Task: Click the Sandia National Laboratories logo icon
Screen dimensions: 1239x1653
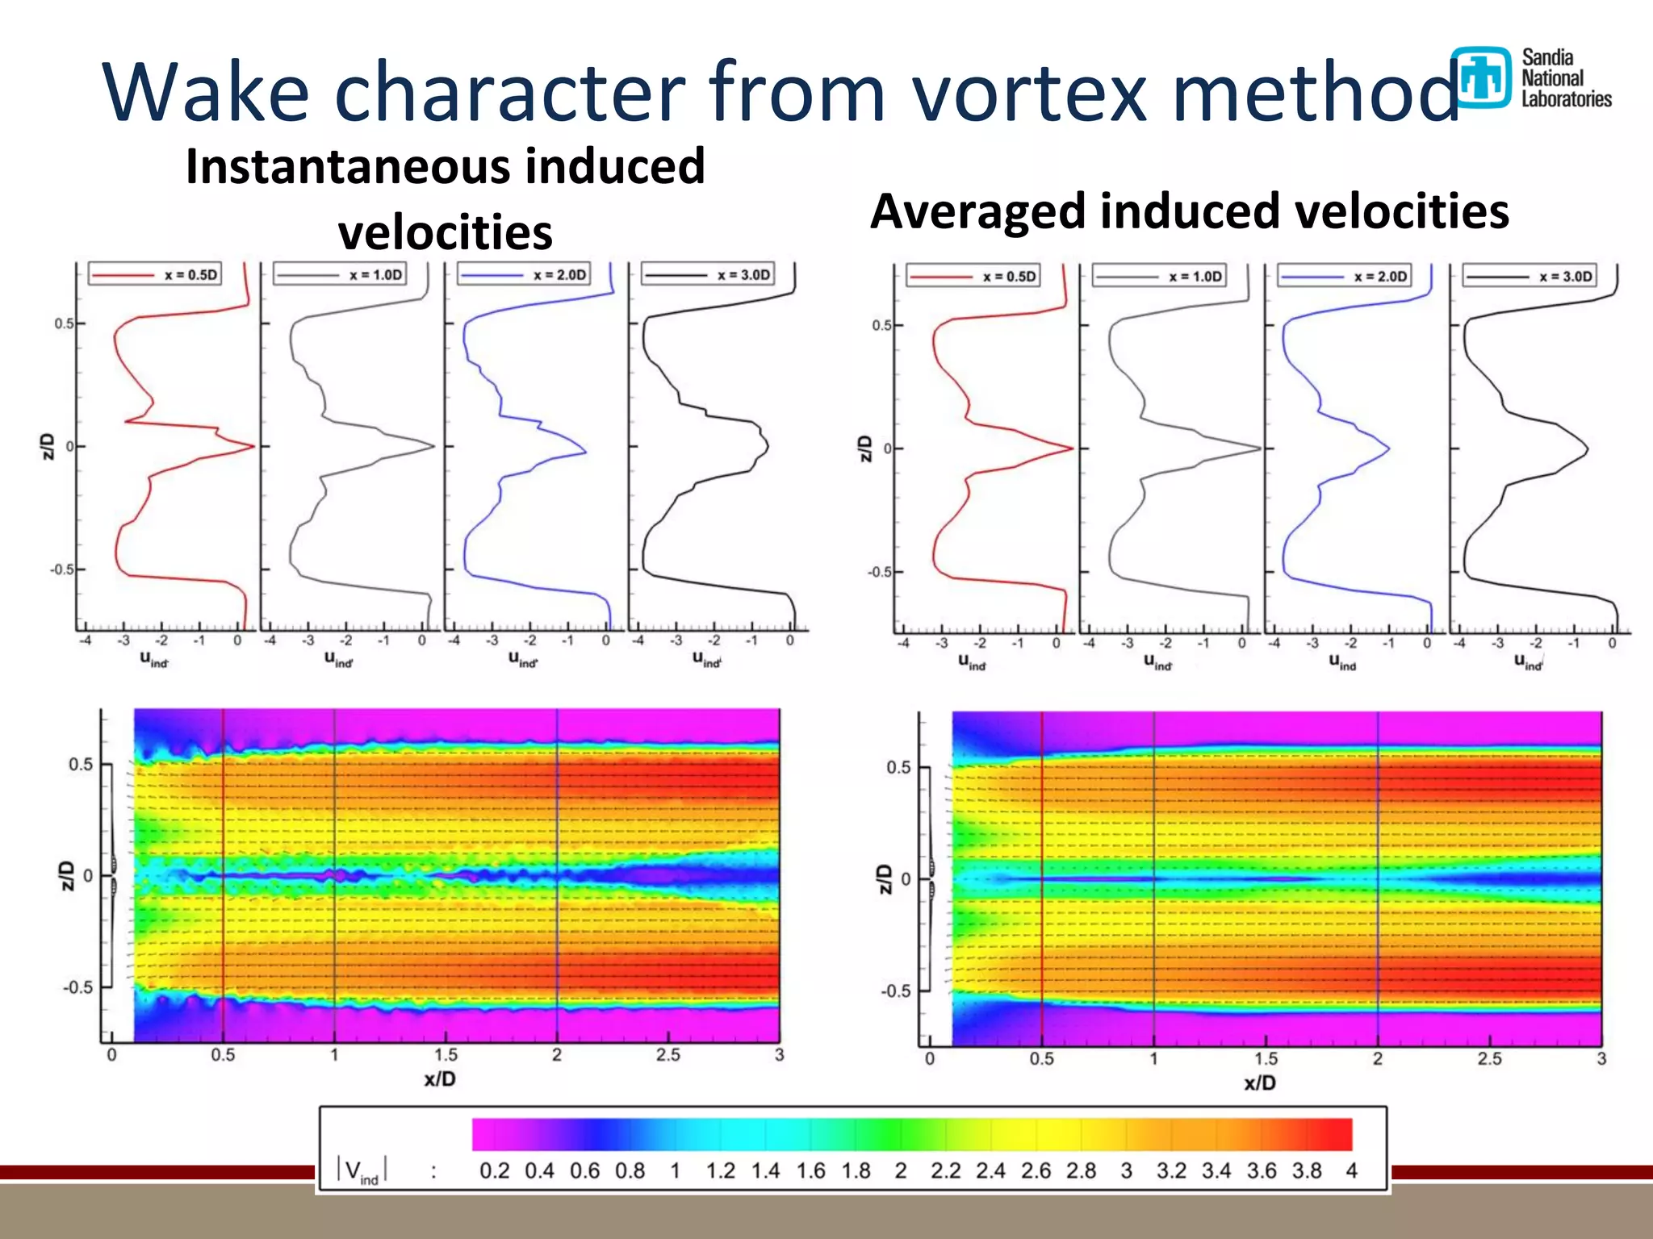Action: tap(1479, 77)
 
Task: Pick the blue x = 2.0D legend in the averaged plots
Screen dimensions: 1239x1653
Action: tap(1345, 277)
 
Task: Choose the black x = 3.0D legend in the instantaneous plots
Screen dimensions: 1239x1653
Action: tap(708, 275)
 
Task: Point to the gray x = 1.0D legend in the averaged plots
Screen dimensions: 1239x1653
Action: tap(1159, 277)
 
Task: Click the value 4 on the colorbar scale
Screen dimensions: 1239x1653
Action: tap(1351, 1170)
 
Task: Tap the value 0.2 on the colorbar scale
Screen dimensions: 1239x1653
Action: tap(494, 1170)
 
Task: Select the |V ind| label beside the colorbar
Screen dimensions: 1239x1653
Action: tap(362, 1170)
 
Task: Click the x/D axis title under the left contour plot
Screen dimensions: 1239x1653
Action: tap(440, 1079)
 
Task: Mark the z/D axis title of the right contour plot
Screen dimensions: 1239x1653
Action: tap(885, 878)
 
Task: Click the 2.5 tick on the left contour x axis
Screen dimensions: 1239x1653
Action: tap(667, 1054)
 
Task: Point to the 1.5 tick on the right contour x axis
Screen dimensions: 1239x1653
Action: tap(1266, 1058)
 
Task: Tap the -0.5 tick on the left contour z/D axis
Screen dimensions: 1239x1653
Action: tap(78, 987)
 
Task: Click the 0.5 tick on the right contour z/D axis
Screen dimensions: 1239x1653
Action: tap(898, 767)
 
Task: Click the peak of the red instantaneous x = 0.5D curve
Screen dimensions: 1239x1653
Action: tap(253, 446)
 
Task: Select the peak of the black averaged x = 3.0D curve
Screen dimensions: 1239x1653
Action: tap(1587, 449)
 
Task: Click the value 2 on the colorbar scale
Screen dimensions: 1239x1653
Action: tap(901, 1170)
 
